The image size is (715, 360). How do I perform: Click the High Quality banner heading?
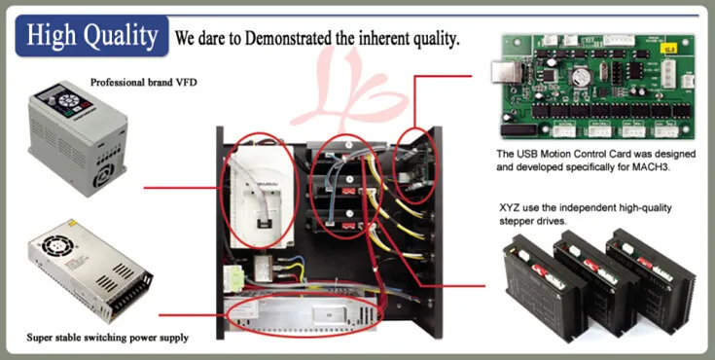click(92, 36)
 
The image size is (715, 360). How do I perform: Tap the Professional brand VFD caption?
click(143, 83)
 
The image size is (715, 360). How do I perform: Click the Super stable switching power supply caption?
click(107, 338)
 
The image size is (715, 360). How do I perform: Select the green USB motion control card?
click(594, 88)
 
